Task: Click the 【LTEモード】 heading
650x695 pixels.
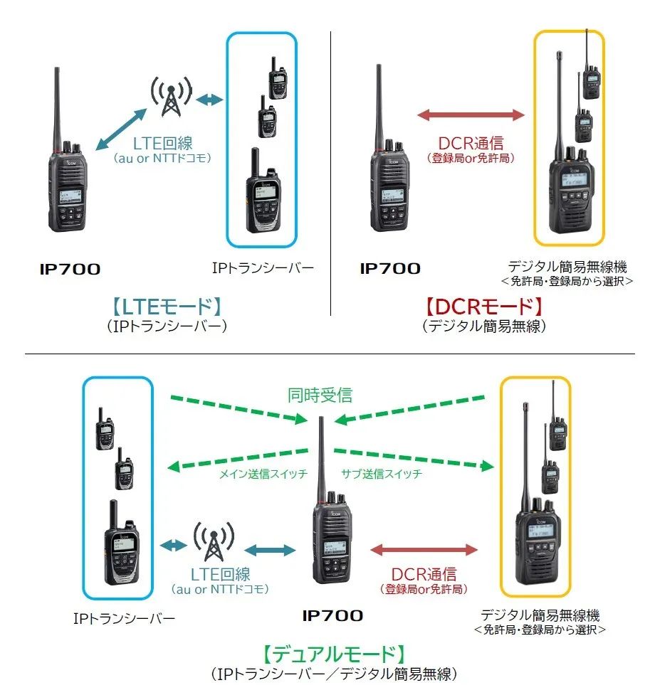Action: click(166, 307)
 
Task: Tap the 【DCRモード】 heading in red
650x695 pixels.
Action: click(484, 307)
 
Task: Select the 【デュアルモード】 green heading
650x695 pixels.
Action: click(333, 654)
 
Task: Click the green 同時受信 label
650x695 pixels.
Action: click(320, 395)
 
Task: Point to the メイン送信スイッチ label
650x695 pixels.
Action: click(263, 474)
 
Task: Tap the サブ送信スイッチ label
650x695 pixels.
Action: click(381, 474)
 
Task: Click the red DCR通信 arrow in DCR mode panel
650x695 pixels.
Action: click(471, 115)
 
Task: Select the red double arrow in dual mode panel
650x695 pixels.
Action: click(424, 550)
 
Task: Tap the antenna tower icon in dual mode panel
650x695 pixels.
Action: click(214, 541)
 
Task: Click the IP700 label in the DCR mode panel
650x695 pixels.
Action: click(390, 269)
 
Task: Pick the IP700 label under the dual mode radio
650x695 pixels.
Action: click(332, 615)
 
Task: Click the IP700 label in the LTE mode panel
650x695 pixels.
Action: click(70, 269)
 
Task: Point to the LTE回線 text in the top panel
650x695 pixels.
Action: click(163, 143)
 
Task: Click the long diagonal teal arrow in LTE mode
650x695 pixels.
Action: click(121, 129)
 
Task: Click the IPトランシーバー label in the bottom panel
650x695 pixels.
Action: click(124, 618)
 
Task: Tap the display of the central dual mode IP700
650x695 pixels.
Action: click(335, 547)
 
